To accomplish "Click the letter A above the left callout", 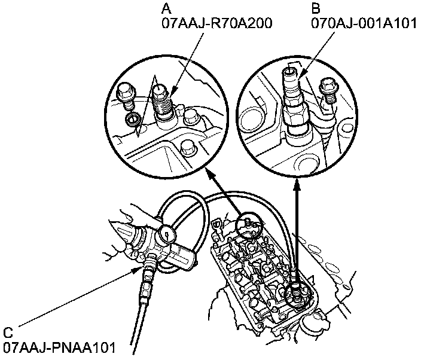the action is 166,8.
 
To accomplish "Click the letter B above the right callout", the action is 315,8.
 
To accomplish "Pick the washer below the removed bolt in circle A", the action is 133,121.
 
